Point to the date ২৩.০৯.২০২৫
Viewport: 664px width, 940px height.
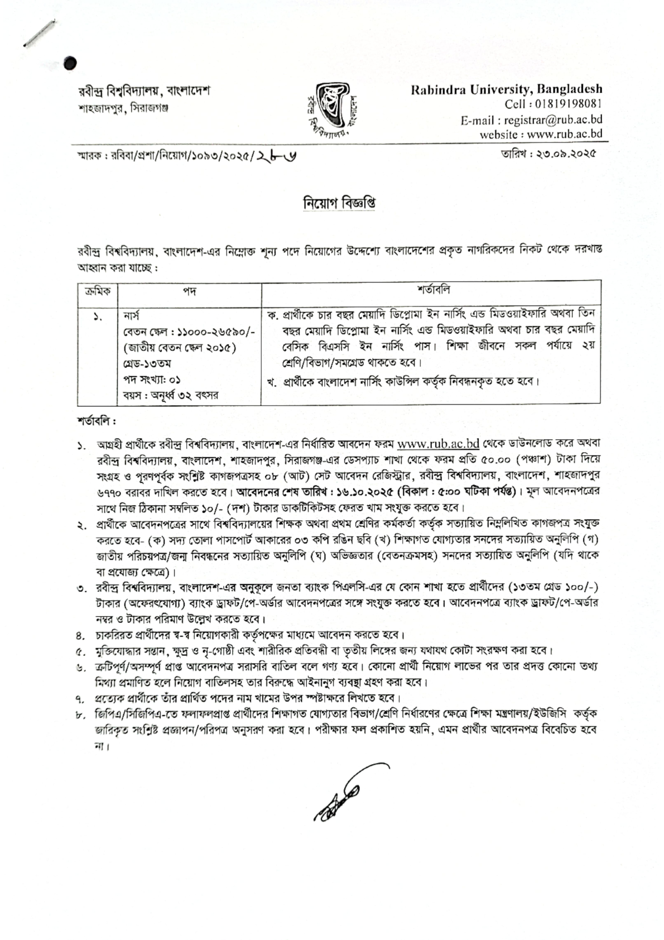564,152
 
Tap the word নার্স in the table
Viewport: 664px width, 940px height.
133,316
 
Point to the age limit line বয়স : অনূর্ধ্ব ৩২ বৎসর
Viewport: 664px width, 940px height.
171,395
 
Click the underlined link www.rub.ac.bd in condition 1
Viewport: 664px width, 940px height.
439,444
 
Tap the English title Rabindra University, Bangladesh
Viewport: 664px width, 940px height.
507,89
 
